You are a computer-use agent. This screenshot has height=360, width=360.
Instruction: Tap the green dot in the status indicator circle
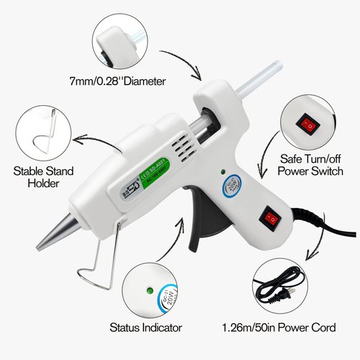(148, 291)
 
